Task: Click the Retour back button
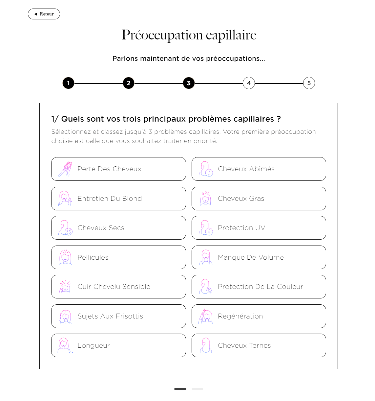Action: pos(44,14)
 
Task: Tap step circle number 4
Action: pos(249,83)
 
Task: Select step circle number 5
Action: pos(309,83)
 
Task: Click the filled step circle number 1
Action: pos(68,83)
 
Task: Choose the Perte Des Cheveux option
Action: pos(118,169)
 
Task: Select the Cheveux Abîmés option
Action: pos(259,169)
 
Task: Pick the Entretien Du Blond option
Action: pos(118,199)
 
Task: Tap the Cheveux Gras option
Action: pos(259,199)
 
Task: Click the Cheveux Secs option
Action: pos(118,228)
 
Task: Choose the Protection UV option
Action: pos(259,228)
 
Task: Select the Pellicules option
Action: pos(118,257)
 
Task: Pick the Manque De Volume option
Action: pos(259,257)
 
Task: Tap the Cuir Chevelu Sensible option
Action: pos(118,287)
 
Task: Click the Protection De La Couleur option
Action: pos(259,287)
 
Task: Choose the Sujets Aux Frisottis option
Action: pos(118,316)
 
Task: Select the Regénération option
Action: pos(259,316)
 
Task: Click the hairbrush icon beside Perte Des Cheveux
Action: pos(65,169)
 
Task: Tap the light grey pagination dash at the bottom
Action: pos(197,389)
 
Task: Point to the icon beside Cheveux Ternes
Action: pos(206,345)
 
